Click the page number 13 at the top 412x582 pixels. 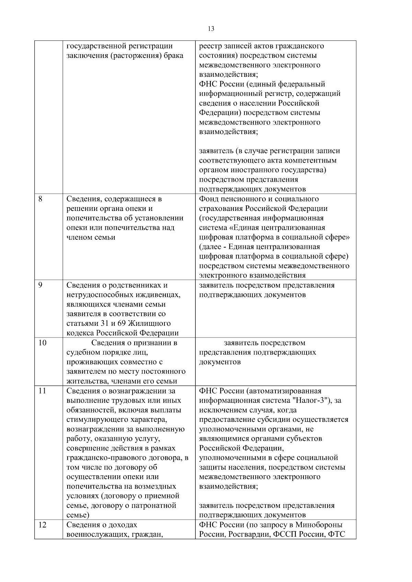211,29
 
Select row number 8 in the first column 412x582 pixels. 40,199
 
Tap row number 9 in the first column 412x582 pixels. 40,285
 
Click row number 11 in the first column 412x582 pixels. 42,391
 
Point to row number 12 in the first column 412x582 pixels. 42,525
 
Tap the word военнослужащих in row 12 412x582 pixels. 94,534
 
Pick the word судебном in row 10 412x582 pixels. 81,353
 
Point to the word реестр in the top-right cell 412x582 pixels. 210,46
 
